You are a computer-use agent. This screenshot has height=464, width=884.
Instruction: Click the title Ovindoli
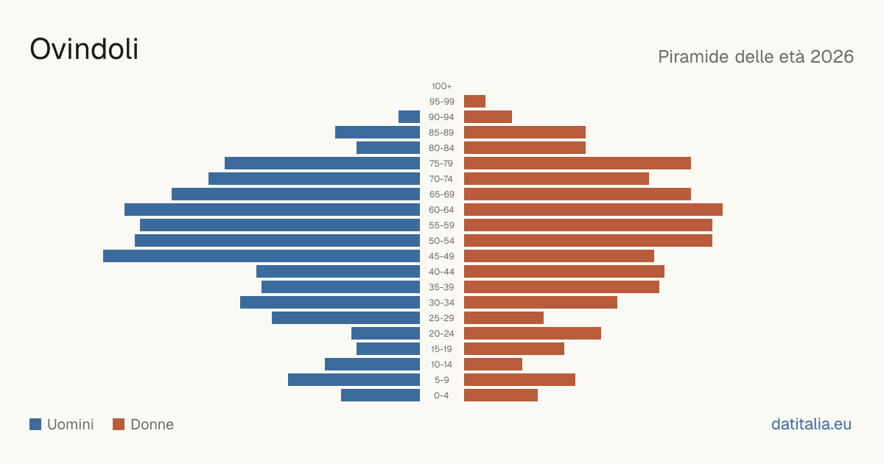[84, 49]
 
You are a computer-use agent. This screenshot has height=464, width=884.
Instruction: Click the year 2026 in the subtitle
[832, 57]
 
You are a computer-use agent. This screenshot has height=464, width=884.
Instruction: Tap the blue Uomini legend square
[35, 424]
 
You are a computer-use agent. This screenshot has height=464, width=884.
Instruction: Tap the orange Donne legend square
[119, 424]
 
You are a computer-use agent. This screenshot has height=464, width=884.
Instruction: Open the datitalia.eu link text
[811, 424]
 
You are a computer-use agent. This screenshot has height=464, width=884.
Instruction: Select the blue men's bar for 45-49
[262, 256]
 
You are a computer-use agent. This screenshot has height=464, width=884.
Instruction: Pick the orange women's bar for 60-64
[593, 209]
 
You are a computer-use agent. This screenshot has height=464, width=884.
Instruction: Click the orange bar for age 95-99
[474, 102]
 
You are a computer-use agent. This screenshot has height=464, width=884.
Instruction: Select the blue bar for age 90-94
[410, 117]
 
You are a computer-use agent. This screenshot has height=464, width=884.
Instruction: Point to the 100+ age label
[441, 86]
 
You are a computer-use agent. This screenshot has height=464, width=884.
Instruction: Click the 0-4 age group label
[441, 396]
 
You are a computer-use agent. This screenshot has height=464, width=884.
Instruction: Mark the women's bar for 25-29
[504, 318]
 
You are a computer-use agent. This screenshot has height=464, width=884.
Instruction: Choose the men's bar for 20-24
[385, 334]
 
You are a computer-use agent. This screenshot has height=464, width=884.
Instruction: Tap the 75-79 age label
[441, 164]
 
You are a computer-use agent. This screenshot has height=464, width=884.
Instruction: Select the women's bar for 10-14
[493, 364]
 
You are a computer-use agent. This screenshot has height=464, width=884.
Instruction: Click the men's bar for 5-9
[354, 379]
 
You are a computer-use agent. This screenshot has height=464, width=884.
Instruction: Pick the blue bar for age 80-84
[388, 148]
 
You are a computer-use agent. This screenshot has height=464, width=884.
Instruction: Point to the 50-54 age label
[441, 241]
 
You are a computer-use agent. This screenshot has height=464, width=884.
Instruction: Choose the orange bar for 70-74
[556, 179]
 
